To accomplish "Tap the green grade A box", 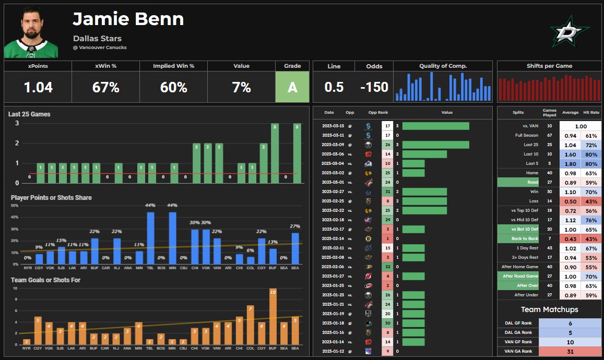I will (292, 87).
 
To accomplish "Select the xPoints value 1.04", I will (38, 87).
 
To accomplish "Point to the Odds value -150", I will (374, 87).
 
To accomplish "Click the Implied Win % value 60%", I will (173, 87).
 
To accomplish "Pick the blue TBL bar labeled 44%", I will (150, 237).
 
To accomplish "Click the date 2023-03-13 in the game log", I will (333, 126).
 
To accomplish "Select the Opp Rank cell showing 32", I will (387, 267).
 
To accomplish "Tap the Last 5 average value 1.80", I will (570, 163).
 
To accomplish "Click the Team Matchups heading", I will (549, 309).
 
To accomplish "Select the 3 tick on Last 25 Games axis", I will (17, 123).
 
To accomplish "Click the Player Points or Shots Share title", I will (51, 198).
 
